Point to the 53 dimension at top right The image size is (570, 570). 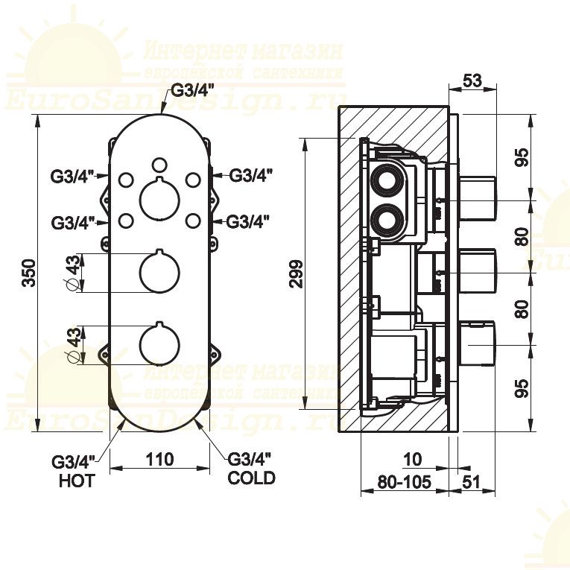(472, 81)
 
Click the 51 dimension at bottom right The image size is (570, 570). (472, 482)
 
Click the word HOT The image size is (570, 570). (77, 481)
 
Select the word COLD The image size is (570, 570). (251, 478)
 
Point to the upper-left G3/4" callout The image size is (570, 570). (72, 177)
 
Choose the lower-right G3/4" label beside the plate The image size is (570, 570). (248, 221)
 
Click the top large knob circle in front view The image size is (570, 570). (159, 200)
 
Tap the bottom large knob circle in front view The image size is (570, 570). (159, 344)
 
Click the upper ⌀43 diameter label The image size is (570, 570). (73, 273)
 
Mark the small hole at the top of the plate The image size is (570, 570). (159, 164)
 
